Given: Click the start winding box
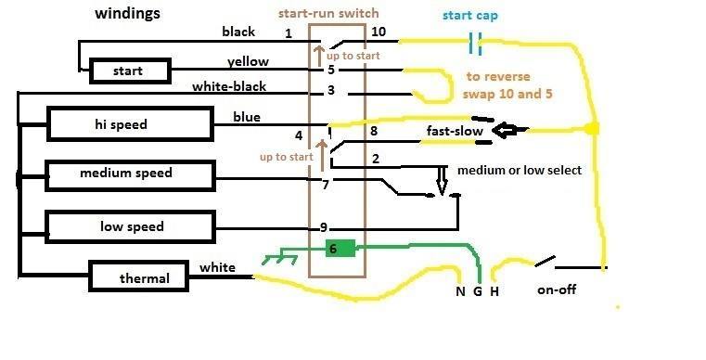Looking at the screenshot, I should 128,71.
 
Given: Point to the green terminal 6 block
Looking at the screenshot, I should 340,248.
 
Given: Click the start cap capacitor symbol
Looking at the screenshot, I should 476,42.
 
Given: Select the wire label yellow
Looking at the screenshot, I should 248,62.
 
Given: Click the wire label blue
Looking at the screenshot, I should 247,117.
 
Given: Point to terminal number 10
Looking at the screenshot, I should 378,32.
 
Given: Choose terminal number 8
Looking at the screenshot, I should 374,133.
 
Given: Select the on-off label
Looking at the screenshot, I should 557,289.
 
